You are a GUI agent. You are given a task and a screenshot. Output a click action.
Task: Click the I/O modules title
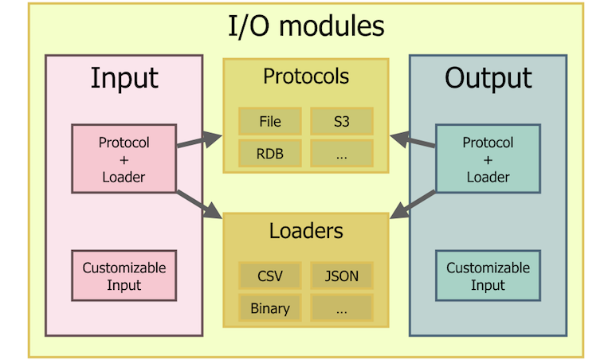point(306,26)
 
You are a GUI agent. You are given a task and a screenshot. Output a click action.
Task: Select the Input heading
point(124,78)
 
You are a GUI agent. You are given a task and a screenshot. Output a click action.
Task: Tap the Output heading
point(488,78)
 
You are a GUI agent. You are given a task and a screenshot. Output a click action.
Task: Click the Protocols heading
point(306,76)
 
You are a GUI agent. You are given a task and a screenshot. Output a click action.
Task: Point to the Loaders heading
point(306,231)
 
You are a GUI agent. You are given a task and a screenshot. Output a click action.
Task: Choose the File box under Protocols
point(270,123)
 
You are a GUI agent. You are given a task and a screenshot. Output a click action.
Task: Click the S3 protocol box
point(341,123)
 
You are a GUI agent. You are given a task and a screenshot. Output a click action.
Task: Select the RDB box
point(270,154)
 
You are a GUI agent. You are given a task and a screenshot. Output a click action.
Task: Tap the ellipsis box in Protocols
point(341,154)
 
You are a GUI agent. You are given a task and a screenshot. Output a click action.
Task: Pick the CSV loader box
point(270,277)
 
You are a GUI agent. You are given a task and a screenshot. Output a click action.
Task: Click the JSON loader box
point(341,277)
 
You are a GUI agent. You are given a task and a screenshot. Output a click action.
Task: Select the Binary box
point(270,308)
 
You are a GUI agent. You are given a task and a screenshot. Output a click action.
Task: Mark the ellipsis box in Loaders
point(341,308)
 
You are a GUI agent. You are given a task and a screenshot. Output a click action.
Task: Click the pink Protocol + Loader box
point(124,158)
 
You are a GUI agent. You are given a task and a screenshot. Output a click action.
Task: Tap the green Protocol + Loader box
point(488,158)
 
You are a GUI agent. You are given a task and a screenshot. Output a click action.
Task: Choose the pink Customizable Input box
point(124,276)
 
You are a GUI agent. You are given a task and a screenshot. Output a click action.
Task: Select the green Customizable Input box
point(488,276)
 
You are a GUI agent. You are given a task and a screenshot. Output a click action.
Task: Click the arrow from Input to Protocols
point(198,141)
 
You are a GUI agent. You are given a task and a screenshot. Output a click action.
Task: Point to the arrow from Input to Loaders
point(198,204)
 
